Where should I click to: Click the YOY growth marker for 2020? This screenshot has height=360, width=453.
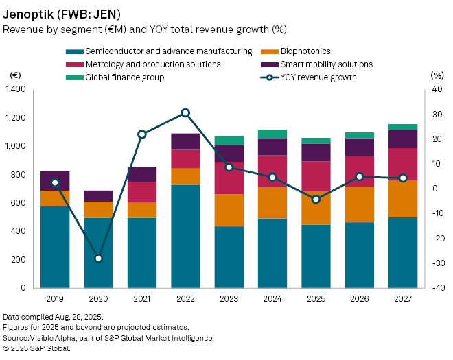[x=98, y=259]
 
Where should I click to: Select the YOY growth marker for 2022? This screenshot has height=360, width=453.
[x=185, y=112]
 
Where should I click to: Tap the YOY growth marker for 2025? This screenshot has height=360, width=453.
[x=316, y=200]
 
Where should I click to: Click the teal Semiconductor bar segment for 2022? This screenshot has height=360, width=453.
[x=185, y=236]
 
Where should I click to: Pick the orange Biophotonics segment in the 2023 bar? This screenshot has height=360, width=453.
[x=229, y=210]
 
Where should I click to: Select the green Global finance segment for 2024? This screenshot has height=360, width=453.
[x=272, y=134]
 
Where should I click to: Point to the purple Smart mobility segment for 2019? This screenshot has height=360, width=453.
[x=55, y=180]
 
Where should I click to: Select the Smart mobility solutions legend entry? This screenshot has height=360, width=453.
[x=329, y=64]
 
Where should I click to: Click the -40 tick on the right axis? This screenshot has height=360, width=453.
[x=435, y=288]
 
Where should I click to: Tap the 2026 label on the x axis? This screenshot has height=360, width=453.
[x=360, y=299]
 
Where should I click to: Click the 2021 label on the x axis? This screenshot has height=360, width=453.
[x=142, y=299]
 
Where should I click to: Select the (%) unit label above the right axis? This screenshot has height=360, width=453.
[x=437, y=75]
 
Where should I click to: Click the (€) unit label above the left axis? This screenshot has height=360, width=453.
[x=15, y=75]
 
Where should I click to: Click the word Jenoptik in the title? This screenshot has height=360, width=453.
[x=26, y=13]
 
